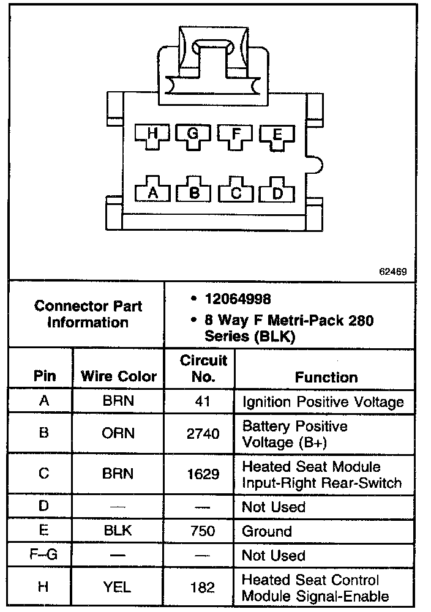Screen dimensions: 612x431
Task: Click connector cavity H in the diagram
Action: pyautogui.click(x=152, y=134)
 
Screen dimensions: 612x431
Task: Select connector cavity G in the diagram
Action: pyautogui.click(x=193, y=133)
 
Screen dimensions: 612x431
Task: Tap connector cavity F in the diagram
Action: pyautogui.click(x=234, y=134)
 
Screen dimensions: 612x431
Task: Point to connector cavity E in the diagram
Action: pyautogui.click(x=277, y=135)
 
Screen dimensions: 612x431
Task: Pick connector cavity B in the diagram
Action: pyautogui.click(x=194, y=193)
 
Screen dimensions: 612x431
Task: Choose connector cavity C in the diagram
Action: pyautogui.click(x=236, y=193)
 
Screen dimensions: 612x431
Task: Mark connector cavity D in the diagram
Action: pyautogui.click(x=277, y=193)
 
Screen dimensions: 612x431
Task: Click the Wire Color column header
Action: pyautogui.click(x=119, y=377)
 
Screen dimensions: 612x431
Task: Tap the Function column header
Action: pyautogui.click(x=326, y=377)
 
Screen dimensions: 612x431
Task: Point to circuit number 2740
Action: pyautogui.click(x=203, y=434)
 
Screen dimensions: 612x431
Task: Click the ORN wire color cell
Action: pyautogui.click(x=118, y=433)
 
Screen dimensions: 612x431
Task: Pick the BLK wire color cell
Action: pyautogui.click(x=118, y=531)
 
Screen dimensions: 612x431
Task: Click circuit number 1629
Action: pyautogui.click(x=203, y=474)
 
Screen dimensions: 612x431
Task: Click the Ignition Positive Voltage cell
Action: pyautogui.click(x=323, y=402)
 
